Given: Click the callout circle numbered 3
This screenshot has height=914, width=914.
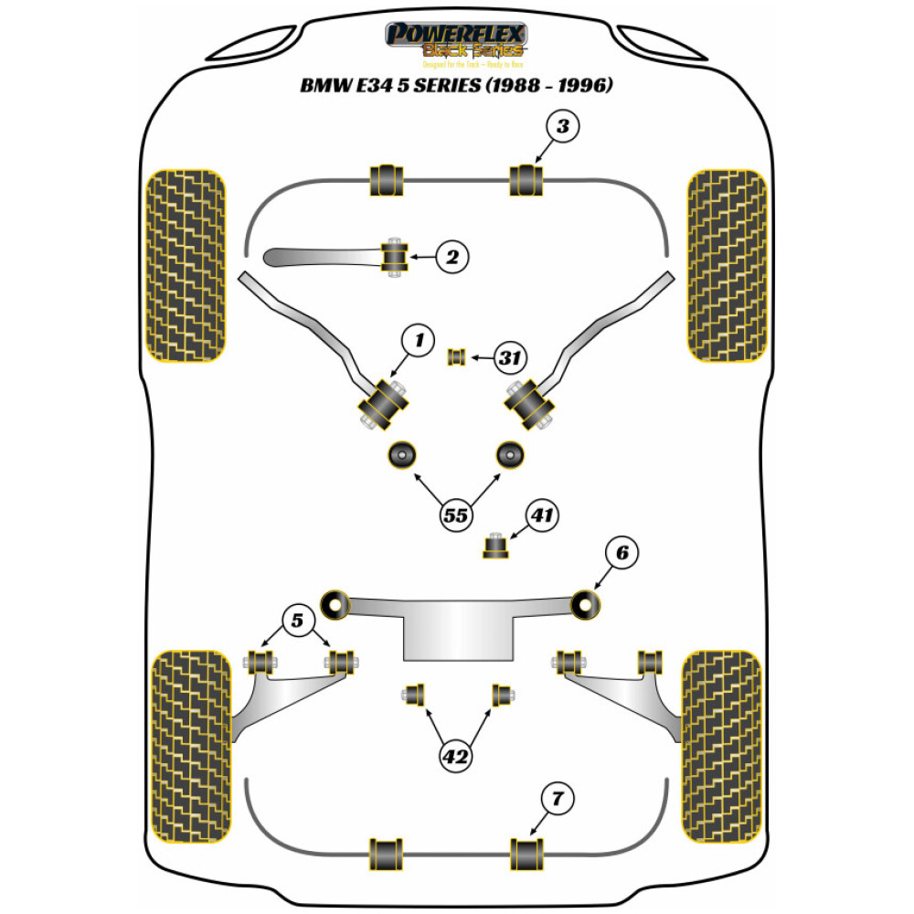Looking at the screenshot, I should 562,127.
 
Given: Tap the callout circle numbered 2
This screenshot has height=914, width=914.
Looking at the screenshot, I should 451,258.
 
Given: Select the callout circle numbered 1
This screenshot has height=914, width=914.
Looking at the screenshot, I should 419,341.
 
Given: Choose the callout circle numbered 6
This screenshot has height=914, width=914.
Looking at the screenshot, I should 621,552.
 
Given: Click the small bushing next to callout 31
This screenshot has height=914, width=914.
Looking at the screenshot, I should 456,356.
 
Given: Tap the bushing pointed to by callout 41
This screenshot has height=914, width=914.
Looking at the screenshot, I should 494,547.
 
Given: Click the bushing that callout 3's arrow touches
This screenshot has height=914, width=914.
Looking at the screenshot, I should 525,179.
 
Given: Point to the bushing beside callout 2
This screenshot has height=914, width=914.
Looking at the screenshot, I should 395,254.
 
